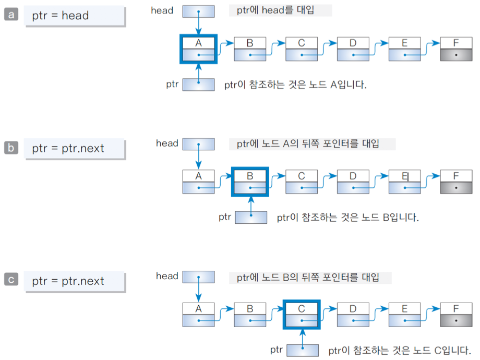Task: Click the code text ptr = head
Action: coord(60,16)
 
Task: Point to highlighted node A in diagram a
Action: coord(198,49)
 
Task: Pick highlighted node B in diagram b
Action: coord(250,182)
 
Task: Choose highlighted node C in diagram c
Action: coord(302,315)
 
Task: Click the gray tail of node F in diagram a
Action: coord(457,55)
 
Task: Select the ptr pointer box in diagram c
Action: coord(302,350)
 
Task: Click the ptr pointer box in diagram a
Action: coord(198,84)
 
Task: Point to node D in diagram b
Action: coord(353,182)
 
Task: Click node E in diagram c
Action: coord(404,314)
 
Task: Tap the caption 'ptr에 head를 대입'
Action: coord(280,10)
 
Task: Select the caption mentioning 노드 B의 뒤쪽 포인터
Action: coord(311,277)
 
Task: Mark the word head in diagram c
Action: coord(167,276)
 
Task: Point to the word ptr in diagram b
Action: coord(225,217)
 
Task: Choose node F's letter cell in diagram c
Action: coord(457,309)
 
